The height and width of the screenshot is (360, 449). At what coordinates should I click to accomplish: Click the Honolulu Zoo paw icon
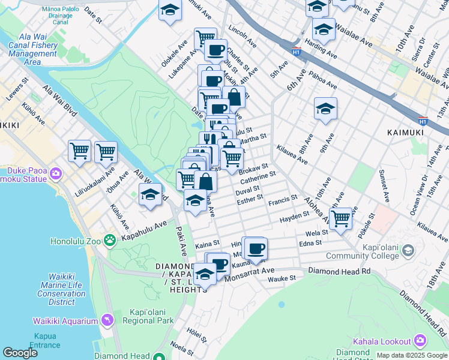(x=109, y=241)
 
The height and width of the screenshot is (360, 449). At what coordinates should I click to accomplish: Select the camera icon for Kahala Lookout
(x=420, y=341)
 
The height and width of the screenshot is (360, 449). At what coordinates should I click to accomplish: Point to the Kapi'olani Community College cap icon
(x=409, y=250)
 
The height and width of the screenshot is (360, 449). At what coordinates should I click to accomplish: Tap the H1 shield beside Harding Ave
(x=296, y=50)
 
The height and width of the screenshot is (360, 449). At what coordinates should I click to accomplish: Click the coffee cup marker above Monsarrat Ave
(x=256, y=247)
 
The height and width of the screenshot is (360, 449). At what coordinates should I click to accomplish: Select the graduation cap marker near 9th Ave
(x=325, y=108)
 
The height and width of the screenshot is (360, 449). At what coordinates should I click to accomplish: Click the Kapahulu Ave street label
(x=143, y=229)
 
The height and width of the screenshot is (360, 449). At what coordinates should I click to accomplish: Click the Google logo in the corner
(x=20, y=353)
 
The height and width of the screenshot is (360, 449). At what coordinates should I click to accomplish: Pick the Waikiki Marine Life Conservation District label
(x=61, y=289)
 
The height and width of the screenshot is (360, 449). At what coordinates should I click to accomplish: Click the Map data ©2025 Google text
(x=411, y=355)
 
